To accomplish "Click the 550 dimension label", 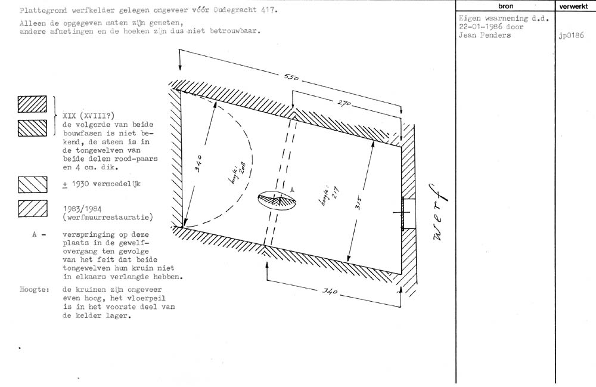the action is click(x=291, y=77).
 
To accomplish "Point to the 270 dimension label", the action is click(x=344, y=102).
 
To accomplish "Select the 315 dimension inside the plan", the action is click(x=359, y=203).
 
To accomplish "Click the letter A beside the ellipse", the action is click(x=292, y=189).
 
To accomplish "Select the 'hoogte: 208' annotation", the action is click(x=238, y=174).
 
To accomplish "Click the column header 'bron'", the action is click(x=505, y=6).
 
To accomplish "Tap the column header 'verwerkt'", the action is click(x=573, y=6).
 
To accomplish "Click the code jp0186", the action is click(x=572, y=36).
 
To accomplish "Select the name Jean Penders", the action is click(x=485, y=35).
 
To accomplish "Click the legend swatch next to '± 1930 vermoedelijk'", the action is click(x=33, y=185).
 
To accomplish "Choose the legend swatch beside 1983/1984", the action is click(x=33, y=208).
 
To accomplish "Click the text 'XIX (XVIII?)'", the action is click(x=89, y=116).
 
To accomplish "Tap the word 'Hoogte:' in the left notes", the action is click(x=35, y=290).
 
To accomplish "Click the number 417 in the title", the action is click(x=269, y=10).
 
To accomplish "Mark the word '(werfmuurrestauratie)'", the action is click(x=108, y=218).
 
